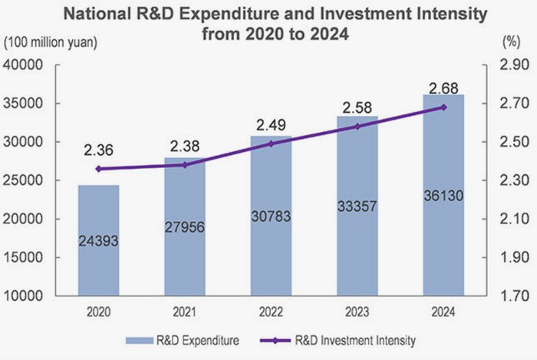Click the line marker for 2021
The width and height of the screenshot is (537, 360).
(x=184, y=164)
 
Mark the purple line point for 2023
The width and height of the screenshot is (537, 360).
(x=357, y=126)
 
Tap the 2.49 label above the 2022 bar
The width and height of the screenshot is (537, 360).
(x=271, y=123)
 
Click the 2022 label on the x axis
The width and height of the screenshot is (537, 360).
(x=271, y=312)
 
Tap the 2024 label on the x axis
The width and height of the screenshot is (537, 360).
(x=443, y=312)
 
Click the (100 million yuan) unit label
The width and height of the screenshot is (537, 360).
(x=51, y=43)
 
